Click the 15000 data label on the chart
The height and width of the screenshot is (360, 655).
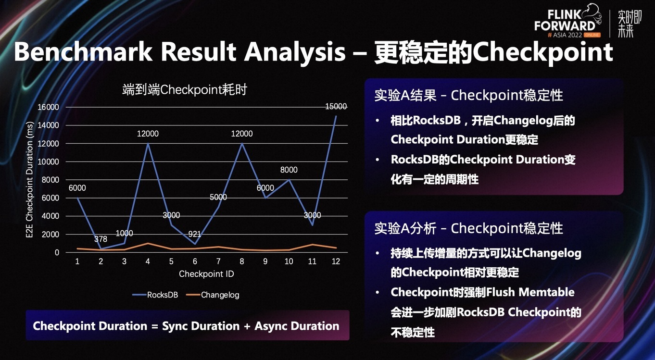(x=336, y=106)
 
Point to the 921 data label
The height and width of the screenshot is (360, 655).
(x=194, y=234)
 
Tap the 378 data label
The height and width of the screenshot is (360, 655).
(x=101, y=239)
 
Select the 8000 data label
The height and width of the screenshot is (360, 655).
(x=289, y=170)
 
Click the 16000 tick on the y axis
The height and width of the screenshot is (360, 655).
(x=48, y=107)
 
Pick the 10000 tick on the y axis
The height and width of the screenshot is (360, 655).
(x=48, y=161)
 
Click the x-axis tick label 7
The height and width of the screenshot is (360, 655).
(x=218, y=261)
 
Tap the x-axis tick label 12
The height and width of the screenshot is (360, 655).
(x=336, y=261)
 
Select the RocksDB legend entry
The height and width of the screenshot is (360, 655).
(x=155, y=295)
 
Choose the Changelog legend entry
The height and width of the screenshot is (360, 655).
(x=213, y=295)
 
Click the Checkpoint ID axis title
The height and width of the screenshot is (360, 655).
(x=206, y=274)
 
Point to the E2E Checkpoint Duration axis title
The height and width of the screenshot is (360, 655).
(x=29, y=180)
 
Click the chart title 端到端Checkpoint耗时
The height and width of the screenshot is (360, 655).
(x=185, y=89)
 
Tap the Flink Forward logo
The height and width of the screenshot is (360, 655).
(x=568, y=21)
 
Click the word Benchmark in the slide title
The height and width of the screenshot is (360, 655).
(x=83, y=52)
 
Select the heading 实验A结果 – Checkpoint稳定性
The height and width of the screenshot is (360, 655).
(x=469, y=95)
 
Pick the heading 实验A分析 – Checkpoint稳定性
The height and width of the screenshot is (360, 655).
(x=469, y=228)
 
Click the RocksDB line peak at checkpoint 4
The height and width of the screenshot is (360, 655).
(x=148, y=144)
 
